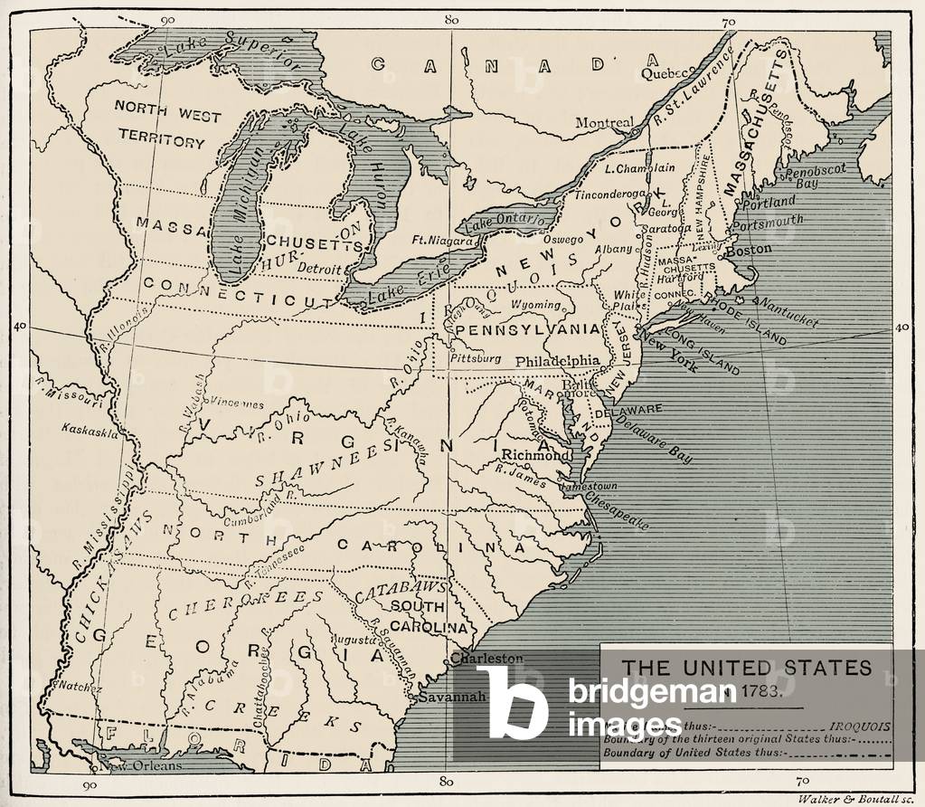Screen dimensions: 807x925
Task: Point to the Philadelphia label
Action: coord(557,360)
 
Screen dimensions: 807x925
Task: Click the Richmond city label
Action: coord(536,455)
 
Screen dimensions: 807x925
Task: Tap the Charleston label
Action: coord(487,659)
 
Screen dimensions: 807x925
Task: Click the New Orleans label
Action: coord(139,765)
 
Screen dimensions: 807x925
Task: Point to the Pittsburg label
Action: coord(476,358)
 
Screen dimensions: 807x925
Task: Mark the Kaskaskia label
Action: coord(90,432)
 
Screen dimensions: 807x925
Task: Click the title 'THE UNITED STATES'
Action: coord(747,668)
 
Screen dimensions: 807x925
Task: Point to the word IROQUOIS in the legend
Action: coord(861,726)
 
